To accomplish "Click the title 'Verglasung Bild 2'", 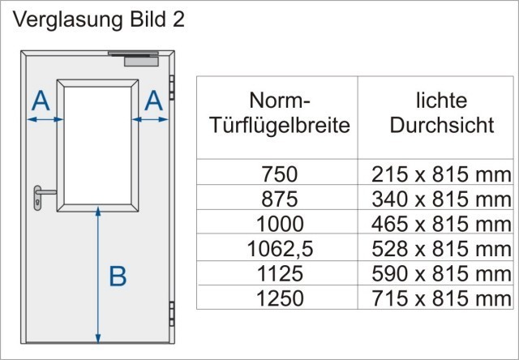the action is tap(99, 20).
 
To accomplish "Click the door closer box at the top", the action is tap(141, 61).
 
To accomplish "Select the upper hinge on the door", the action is tap(172, 88).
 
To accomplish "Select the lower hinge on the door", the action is tap(172, 314).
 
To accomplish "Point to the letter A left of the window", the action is tap(41, 101).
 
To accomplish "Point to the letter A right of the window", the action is tap(154, 101).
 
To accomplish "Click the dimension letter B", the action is tap(118, 276).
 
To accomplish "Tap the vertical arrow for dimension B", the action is tap(98, 276).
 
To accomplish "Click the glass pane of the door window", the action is tap(97, 146).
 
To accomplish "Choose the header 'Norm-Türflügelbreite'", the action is tap(280, 113).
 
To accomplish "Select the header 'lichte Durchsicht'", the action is tap(442, 113).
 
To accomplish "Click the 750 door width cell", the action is tap(280, 174).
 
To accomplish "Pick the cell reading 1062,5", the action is tap(280, 249).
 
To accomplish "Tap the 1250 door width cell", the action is tap(280, 298).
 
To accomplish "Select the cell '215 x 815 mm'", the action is tap(441, 174).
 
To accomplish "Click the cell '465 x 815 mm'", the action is tap(441, 224).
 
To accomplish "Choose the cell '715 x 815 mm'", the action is tap(441, 298).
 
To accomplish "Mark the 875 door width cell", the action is tap(280, 199).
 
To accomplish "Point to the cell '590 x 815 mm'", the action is tap(441, 273).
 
